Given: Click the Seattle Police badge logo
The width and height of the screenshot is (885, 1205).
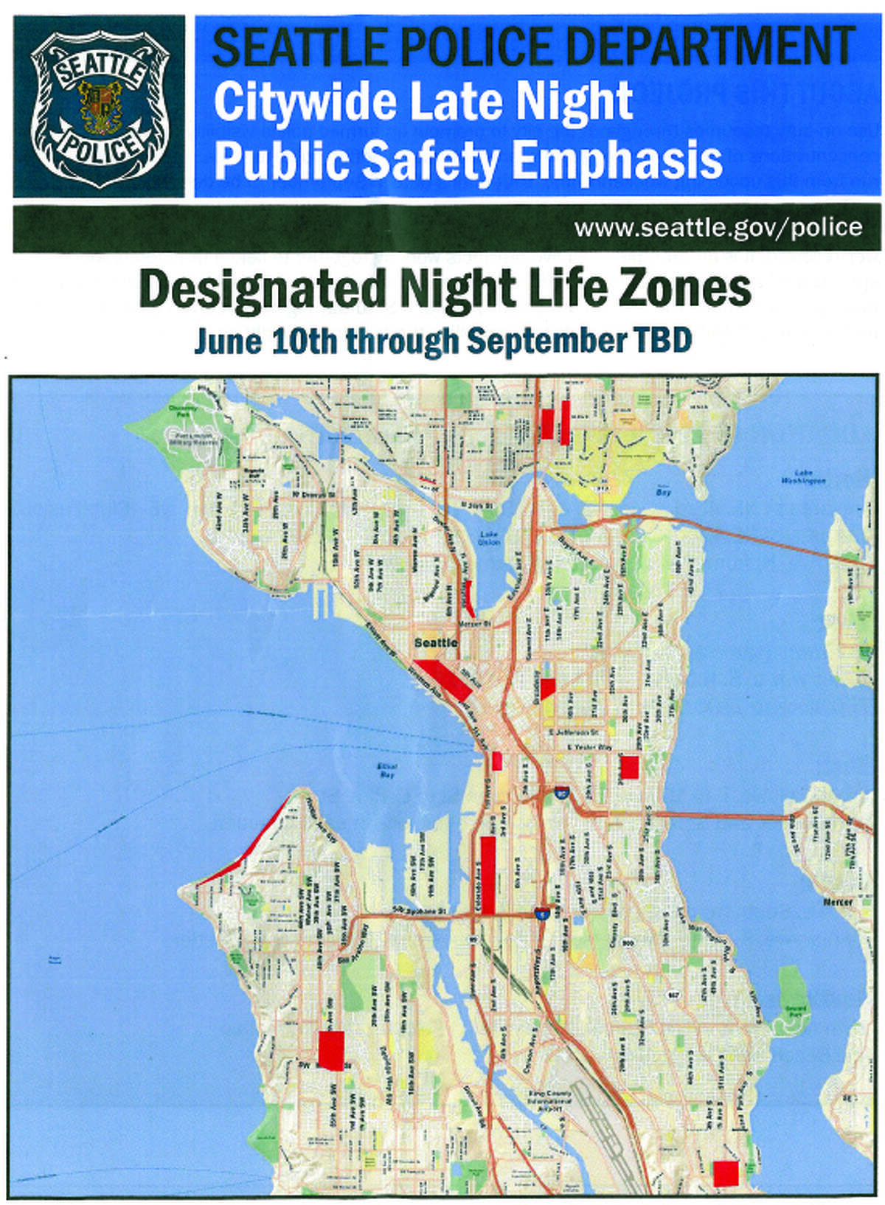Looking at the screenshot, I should (99, 107).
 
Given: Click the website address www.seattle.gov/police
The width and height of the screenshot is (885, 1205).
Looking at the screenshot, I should (718, 227).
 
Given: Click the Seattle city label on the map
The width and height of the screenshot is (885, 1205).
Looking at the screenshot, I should (435, 643).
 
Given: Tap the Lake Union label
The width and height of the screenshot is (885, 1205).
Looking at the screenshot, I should (489, 538).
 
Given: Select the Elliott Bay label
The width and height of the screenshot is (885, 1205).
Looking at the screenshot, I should (386, 771).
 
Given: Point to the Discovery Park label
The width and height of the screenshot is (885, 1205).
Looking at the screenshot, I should (182, 411).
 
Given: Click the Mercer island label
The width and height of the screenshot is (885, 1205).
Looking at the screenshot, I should (838, 901).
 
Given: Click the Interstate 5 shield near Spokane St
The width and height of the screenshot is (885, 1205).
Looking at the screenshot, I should (543, 914).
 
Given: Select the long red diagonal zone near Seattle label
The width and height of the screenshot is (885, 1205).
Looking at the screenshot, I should (445, 679).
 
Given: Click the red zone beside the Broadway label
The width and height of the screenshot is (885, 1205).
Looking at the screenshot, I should (546, 688).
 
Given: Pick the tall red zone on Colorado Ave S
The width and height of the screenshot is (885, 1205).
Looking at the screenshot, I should (487, 875).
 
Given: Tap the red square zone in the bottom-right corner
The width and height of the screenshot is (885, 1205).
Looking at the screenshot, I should (726, 1173).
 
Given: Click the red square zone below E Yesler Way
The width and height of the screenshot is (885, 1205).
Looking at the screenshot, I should (628, 767).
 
